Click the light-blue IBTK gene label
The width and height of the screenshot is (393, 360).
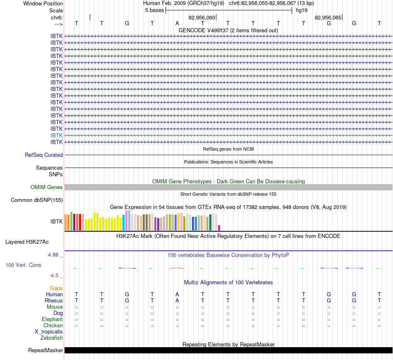click(56, 135)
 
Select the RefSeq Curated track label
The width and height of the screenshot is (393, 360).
click(43, 155)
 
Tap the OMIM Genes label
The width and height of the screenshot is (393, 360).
click(46, 187)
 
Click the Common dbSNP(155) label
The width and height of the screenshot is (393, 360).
click(36, 200)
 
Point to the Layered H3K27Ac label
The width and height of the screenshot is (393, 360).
click(27, 242)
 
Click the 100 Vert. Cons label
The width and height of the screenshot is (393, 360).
click(23, 265)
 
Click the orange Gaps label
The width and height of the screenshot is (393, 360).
click(56, 288)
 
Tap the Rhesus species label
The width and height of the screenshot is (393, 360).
click(54, 300)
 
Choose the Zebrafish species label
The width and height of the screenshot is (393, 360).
click(52, 338)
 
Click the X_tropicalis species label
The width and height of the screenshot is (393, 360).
click(49, 332)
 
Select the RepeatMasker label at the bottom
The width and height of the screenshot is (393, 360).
click(46, 350)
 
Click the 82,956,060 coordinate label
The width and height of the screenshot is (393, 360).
click(202, 17)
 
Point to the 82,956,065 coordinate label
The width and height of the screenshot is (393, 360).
click(328, 17)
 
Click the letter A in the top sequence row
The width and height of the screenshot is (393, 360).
click(177, 23)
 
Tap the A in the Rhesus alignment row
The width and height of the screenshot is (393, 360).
click(177, 300)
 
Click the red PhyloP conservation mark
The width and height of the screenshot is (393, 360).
click(177, 268)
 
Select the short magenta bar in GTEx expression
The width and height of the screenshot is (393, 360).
click(219, 228)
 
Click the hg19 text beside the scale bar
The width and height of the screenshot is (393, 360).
click(302, 10)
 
